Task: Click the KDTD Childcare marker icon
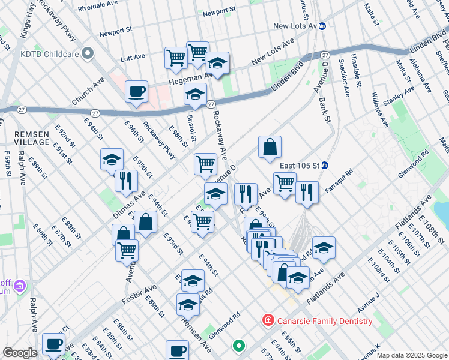pyautogui.click(x=88, y=53)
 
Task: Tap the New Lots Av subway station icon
pyautogui.click(x=322, y=26)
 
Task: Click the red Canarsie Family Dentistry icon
pyautogui.click(x=268, y=321)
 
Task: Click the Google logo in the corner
pyautogui.click(x=20, y=353)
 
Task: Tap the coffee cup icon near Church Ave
pyautogui.click(x=137, y=92)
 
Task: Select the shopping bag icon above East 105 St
pyautogui.click(x=270, y=147)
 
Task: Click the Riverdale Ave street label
pyautogui.click(x=97, y=4)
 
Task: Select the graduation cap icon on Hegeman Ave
pyautogui.click(x=217, y=64)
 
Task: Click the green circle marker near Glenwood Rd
pyautogui.click(x=239, y=346)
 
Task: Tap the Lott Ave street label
pyautogui.click(x=133, y=58)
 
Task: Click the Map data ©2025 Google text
pyautogui.click(x=411, y=355)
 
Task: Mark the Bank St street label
pyautogui.click(x=325, y=110)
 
